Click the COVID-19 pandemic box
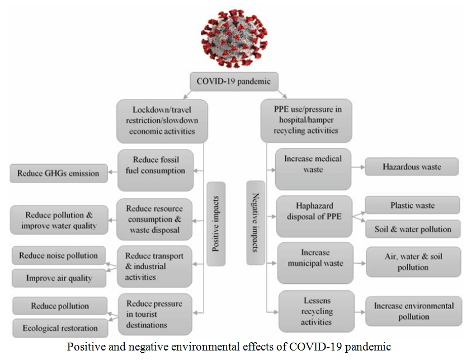click(x=234, y=81)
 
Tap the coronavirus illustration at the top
click(x=234, y=38)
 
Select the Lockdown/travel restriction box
click(x=162, y=120)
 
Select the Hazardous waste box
click(x=412, y=167)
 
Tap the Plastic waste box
click(x=412, y=205)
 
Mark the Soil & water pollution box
click(x=412, y=229)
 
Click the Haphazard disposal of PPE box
click(x=314, y=216)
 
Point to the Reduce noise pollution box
click(x=58, y=256)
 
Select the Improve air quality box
click(x=58, y=277)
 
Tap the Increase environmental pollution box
click(x=413, y=311)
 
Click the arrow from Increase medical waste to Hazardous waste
click(x=358, y=167)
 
